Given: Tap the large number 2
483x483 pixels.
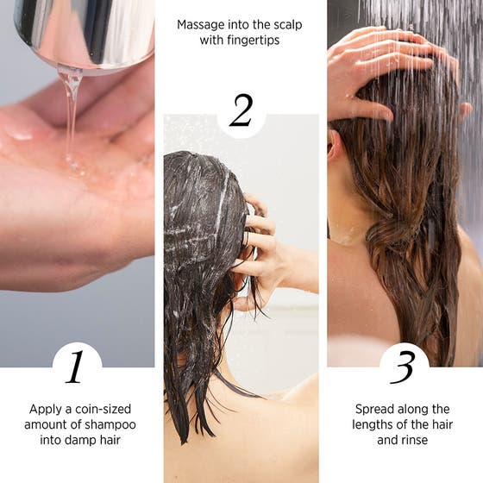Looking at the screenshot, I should pyautogui.click(x=241, y=111).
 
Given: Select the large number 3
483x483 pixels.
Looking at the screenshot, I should pyautogui.click(x=403, y=367).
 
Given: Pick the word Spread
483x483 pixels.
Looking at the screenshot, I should pyautogui.click(x=373, y=409).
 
